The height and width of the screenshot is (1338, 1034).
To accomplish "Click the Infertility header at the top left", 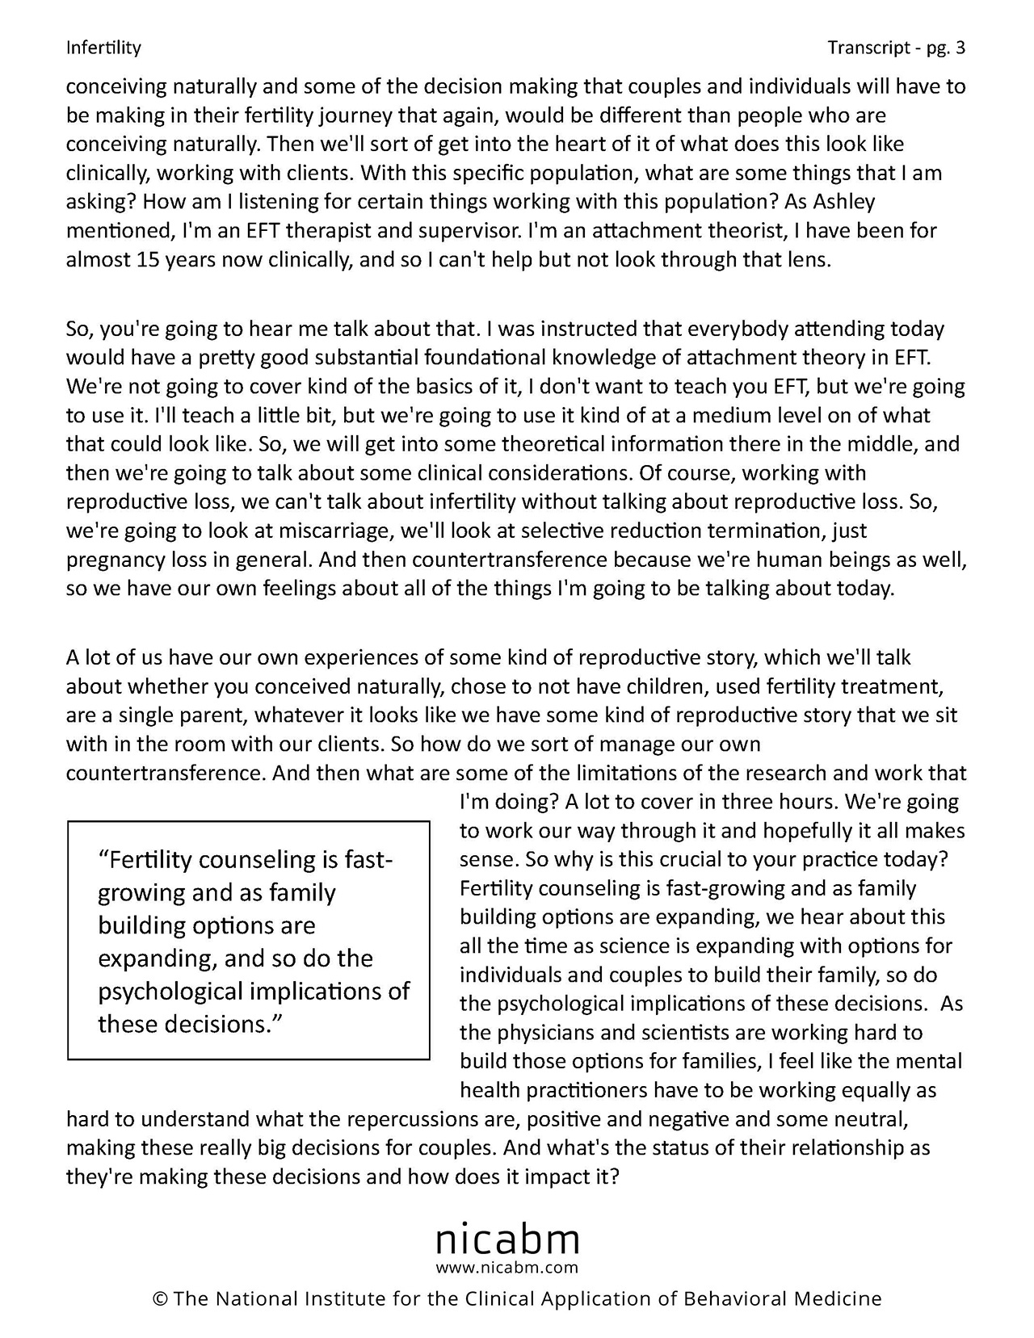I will [103, 48].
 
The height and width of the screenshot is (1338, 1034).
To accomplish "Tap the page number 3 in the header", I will [960, 48].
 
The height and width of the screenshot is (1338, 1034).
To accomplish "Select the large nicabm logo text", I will [507, 1237].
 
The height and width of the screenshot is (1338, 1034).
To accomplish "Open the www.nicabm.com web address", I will [507, 1267].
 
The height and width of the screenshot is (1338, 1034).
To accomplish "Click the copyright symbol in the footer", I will [159, 1299].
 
